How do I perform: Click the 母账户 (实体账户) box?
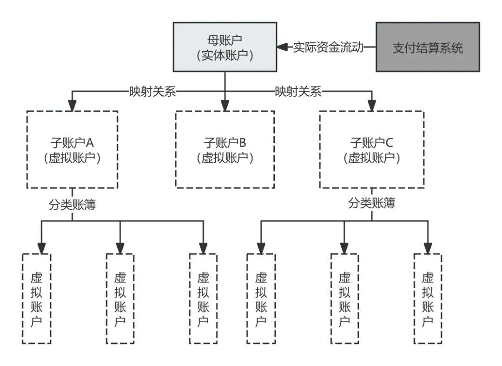(225, 47)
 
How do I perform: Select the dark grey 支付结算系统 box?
(428, 47)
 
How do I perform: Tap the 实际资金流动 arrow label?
(328, 47)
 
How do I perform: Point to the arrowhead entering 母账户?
(282, 47)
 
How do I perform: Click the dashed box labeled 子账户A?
(72, 149)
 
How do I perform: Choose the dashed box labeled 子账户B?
(225, 149)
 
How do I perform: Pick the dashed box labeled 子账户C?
(371, 149)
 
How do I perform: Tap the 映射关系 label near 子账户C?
(298, 92)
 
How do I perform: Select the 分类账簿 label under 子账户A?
(72, 205)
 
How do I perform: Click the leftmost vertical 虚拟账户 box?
(37, 299)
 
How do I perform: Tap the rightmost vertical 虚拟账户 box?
(428, 299)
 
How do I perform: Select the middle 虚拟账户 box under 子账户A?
(120, 299)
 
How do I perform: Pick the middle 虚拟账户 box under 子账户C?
(344, 299)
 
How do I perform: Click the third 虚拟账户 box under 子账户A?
(203, 299)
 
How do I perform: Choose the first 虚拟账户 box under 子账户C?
(261, 299)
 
